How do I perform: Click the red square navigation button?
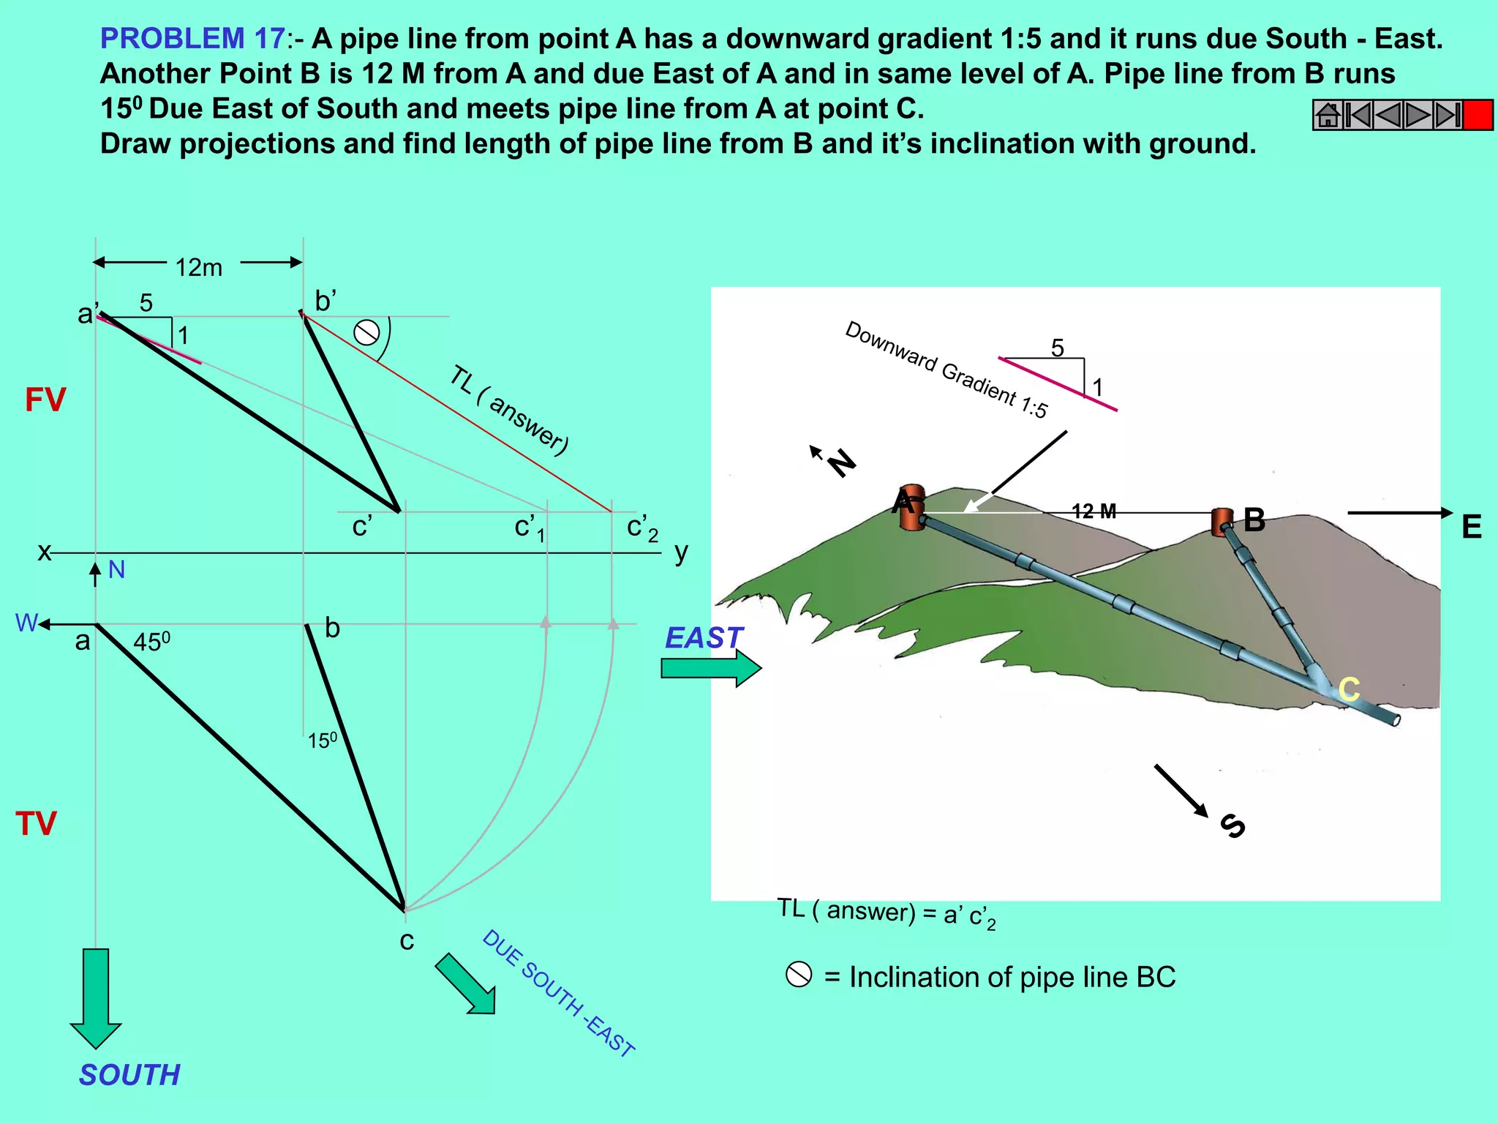pos(1478,116)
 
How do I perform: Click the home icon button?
pos(1328,116)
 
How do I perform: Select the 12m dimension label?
pos(198,268)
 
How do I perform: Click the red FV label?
pos(45,400)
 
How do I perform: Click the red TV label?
pos(36,824)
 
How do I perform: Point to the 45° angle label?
pos(151,642)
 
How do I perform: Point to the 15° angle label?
pos(322,741)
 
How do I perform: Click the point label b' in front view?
pos(325,301)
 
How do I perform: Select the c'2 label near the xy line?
pos(642,528)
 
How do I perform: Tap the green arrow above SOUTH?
pos(96,998)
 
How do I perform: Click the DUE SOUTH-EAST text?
pos(558,993)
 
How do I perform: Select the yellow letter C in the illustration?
pos(1349,689)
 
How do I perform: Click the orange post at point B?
pos(1222,522)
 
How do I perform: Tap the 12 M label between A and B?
pos(1094,512)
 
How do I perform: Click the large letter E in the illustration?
pos(1471,527)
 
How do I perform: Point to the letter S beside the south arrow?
pos(1233,825)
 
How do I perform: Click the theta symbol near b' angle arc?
pos(366,333)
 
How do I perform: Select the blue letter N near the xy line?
pos(116,569)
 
